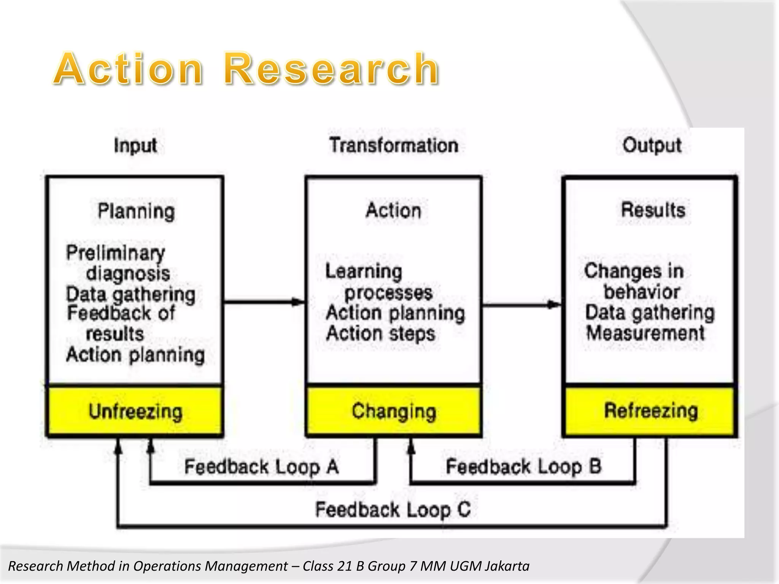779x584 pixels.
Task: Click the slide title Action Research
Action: (x=246, y=69)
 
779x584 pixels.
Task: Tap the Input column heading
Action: (x=135, y=146)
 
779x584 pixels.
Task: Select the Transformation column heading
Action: (x=394, y=146)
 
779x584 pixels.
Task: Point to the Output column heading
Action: (x=652, y=146)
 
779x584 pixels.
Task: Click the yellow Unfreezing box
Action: (x=135, y=411)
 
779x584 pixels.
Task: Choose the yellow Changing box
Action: (x=394, y=411)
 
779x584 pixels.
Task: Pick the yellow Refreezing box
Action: (x=650, y=411)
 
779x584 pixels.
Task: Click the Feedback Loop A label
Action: (x=261, y=467)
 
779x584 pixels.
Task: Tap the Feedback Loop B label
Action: (x=523, y=467)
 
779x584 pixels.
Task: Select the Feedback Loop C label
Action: (x=393, y=509)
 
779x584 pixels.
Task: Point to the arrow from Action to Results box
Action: (x=521, y=305)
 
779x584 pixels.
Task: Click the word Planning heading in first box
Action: (x=136, y=211)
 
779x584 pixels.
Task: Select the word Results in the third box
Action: (x=653, y=210)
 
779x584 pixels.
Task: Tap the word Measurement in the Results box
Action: (x=645, y=333)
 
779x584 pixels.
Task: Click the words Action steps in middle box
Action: (x=380, y=334)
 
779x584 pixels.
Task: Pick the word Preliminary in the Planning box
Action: (x=116, y=253)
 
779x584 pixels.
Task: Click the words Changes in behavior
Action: (x=634, y=281)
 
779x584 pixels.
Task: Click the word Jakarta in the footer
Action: (x=507, y=566)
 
